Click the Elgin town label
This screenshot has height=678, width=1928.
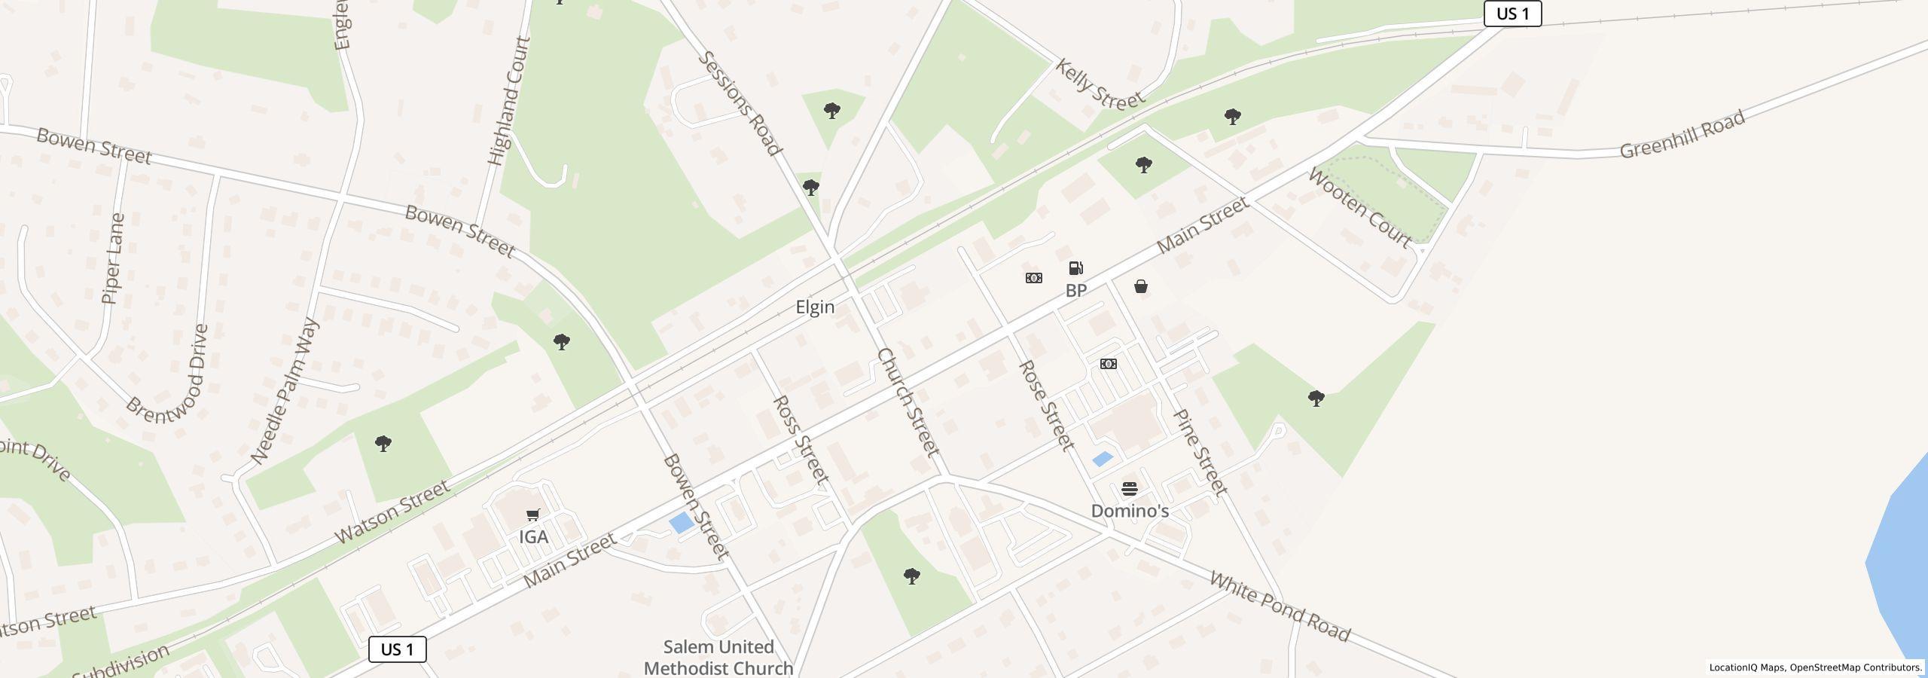815,307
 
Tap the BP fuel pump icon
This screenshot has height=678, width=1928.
1076,268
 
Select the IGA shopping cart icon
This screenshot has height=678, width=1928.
533,515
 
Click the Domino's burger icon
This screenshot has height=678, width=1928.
1130,489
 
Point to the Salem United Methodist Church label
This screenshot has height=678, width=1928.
718,658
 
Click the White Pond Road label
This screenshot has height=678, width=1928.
1280,606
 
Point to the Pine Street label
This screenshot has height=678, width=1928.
1200,452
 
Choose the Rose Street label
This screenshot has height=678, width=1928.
1046,405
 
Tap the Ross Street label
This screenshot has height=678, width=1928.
801,439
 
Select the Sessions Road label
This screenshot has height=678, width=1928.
740,103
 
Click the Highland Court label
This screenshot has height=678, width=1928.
510,101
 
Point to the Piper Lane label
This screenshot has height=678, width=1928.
113,258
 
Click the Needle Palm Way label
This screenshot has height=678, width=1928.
285,391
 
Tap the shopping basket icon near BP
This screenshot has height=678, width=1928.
1141,286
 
